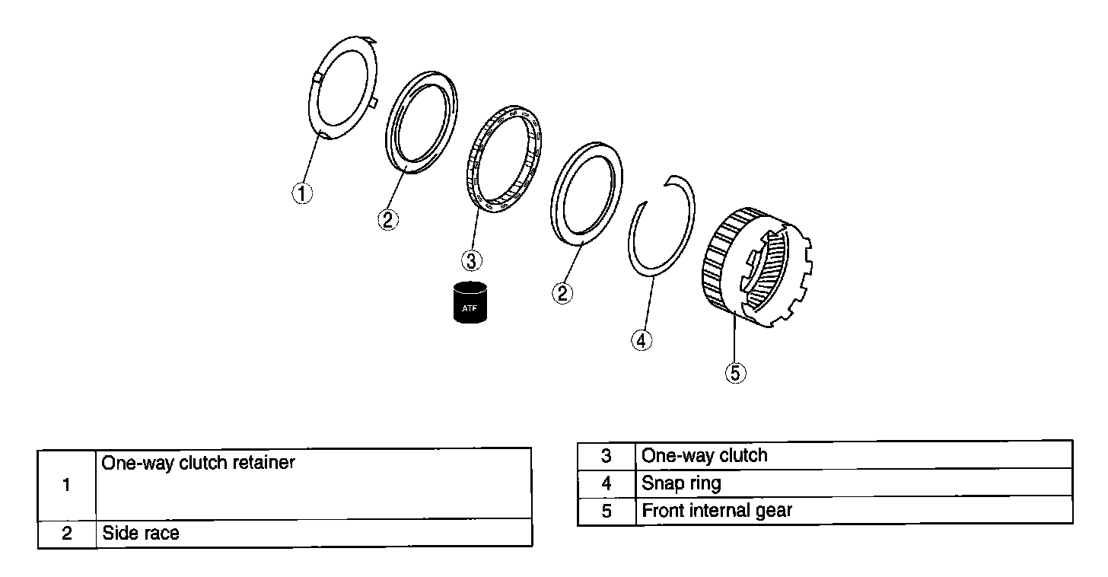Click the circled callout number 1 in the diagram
(x=302, y=193)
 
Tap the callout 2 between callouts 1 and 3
(x=387, y=219)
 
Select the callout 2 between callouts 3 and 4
(x=562, y=292)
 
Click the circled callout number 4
(x=642, y=340)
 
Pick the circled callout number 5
(x=735, y=372)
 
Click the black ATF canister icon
(x=470, y=303)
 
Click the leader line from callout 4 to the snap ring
(x=648, y=304)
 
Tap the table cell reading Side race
(x=142, y=534)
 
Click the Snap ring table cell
(x=681, y=483)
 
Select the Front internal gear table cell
(x=717, y=511)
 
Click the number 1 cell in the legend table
(x=67, y=484)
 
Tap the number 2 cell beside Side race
(x=67, y=534)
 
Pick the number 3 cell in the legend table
(x=606, y=456)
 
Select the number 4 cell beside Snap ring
(x=606, y=483)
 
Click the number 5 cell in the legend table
(x=606, y=511)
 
